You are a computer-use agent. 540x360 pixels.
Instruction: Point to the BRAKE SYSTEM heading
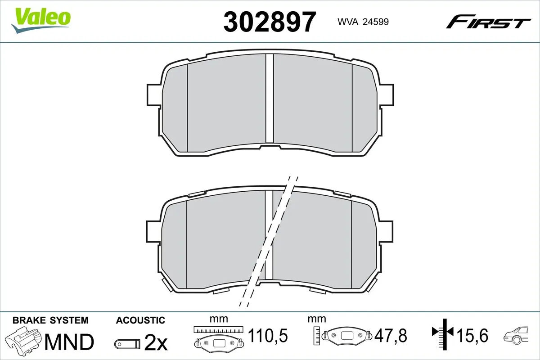pos(50,320)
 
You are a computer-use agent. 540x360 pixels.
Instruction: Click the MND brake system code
pos(69,342)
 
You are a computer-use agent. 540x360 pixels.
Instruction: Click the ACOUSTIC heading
pos(140,320)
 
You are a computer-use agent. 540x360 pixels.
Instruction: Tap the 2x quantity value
pos(155,343)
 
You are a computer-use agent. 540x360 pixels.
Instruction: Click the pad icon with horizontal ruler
pos(218,337)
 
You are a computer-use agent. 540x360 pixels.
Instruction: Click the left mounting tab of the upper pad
pos(153,96)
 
